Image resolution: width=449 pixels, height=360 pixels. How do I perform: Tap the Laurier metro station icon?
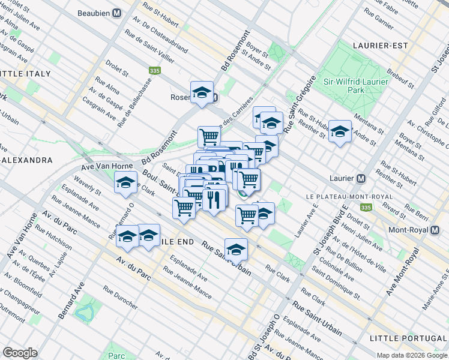(361, 179)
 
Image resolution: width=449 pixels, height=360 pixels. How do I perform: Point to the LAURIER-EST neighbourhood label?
(380, 46)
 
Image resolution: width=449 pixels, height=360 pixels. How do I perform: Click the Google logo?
(20, 352)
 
